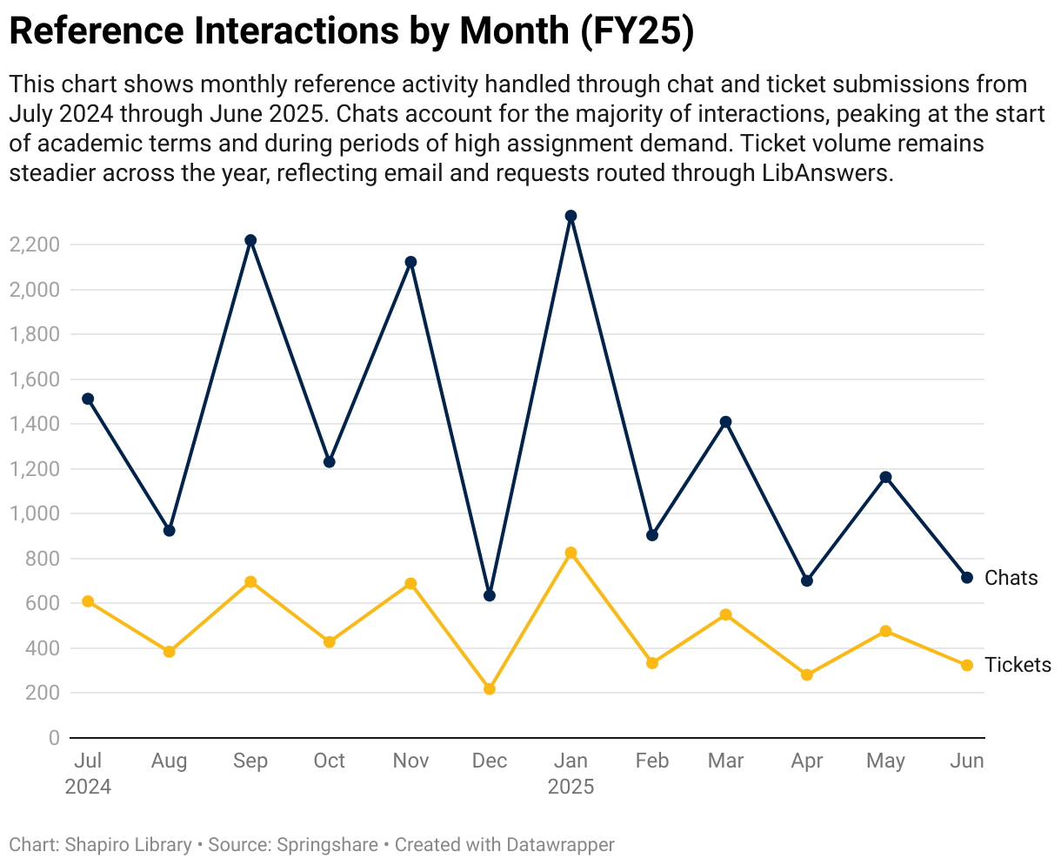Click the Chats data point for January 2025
[x=571, y=216]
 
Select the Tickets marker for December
[x=490, y=689]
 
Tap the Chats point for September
[x=250, y=240]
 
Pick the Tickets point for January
[x=571, y=553]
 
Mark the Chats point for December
[x=490, y=595]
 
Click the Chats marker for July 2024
[x=88, y=399]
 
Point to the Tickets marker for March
[x=726, y=615]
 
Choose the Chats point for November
[x=411, y=262]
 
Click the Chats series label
[x=1011, y=578]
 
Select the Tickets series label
[x=1018, y=665]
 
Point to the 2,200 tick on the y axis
[x=34, y=245]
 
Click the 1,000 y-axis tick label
[x=34, y=513]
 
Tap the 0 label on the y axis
[x=54, y=738]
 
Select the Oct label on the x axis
[x=330, y=761]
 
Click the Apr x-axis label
[x=807, y=761]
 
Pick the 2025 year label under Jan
[x=571, y=787]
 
